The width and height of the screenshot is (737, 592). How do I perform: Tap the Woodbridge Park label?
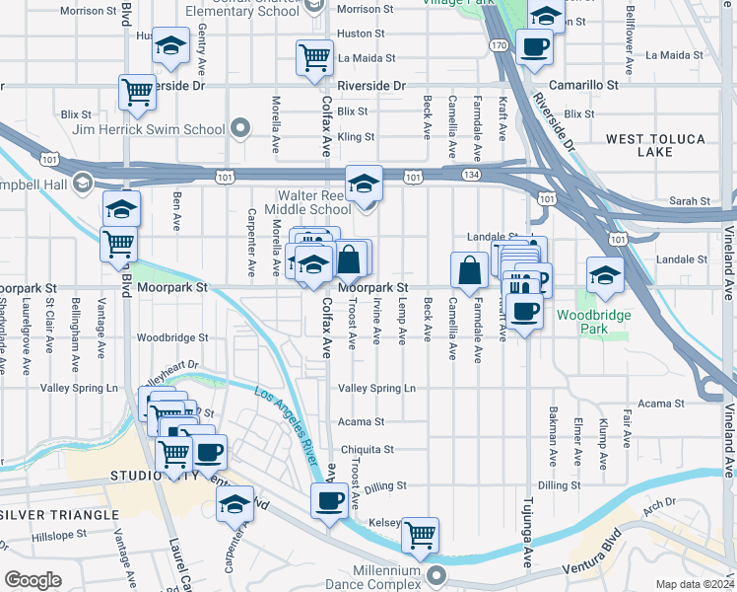point(586,322)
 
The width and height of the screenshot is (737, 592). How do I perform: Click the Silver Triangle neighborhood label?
point(46,515)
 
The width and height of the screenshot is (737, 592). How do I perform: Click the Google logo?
point(33,580)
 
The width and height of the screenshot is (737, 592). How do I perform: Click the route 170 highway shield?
point(501,46)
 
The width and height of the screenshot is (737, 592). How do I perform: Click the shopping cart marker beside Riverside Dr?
point(136,92)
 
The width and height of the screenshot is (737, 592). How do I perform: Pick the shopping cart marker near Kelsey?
point(421,534)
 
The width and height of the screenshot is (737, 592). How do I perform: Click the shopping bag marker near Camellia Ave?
point(469,267)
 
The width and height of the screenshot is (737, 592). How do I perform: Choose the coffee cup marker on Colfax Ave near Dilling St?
point(328,501)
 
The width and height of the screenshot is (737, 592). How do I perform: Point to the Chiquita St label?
point(368,449)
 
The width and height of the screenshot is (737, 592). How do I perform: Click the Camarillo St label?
point(584,86)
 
